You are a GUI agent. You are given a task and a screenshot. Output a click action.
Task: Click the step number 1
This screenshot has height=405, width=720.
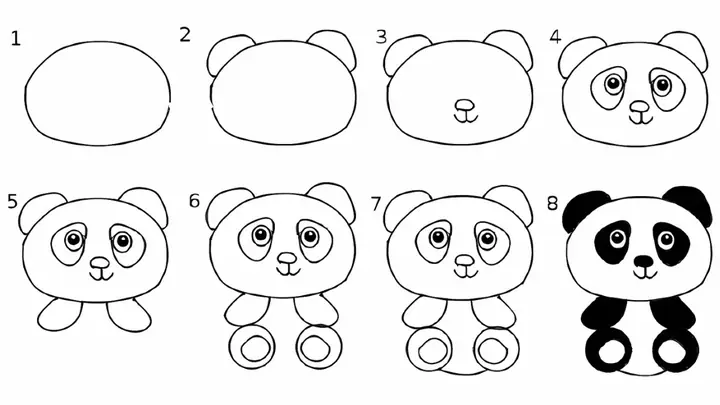15,39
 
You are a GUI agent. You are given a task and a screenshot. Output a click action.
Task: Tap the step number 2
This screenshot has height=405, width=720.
185,35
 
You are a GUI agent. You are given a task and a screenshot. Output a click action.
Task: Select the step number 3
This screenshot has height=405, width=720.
381,38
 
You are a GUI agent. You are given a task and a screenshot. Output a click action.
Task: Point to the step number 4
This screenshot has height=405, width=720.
555,38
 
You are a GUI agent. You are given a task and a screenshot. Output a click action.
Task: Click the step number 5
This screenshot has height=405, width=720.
12,201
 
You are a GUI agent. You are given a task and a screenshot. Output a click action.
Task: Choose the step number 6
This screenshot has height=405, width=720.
194,201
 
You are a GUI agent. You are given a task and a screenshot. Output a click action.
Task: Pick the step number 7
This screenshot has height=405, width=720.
376,203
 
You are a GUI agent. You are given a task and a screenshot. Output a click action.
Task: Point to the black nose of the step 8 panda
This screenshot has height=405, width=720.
645,262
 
